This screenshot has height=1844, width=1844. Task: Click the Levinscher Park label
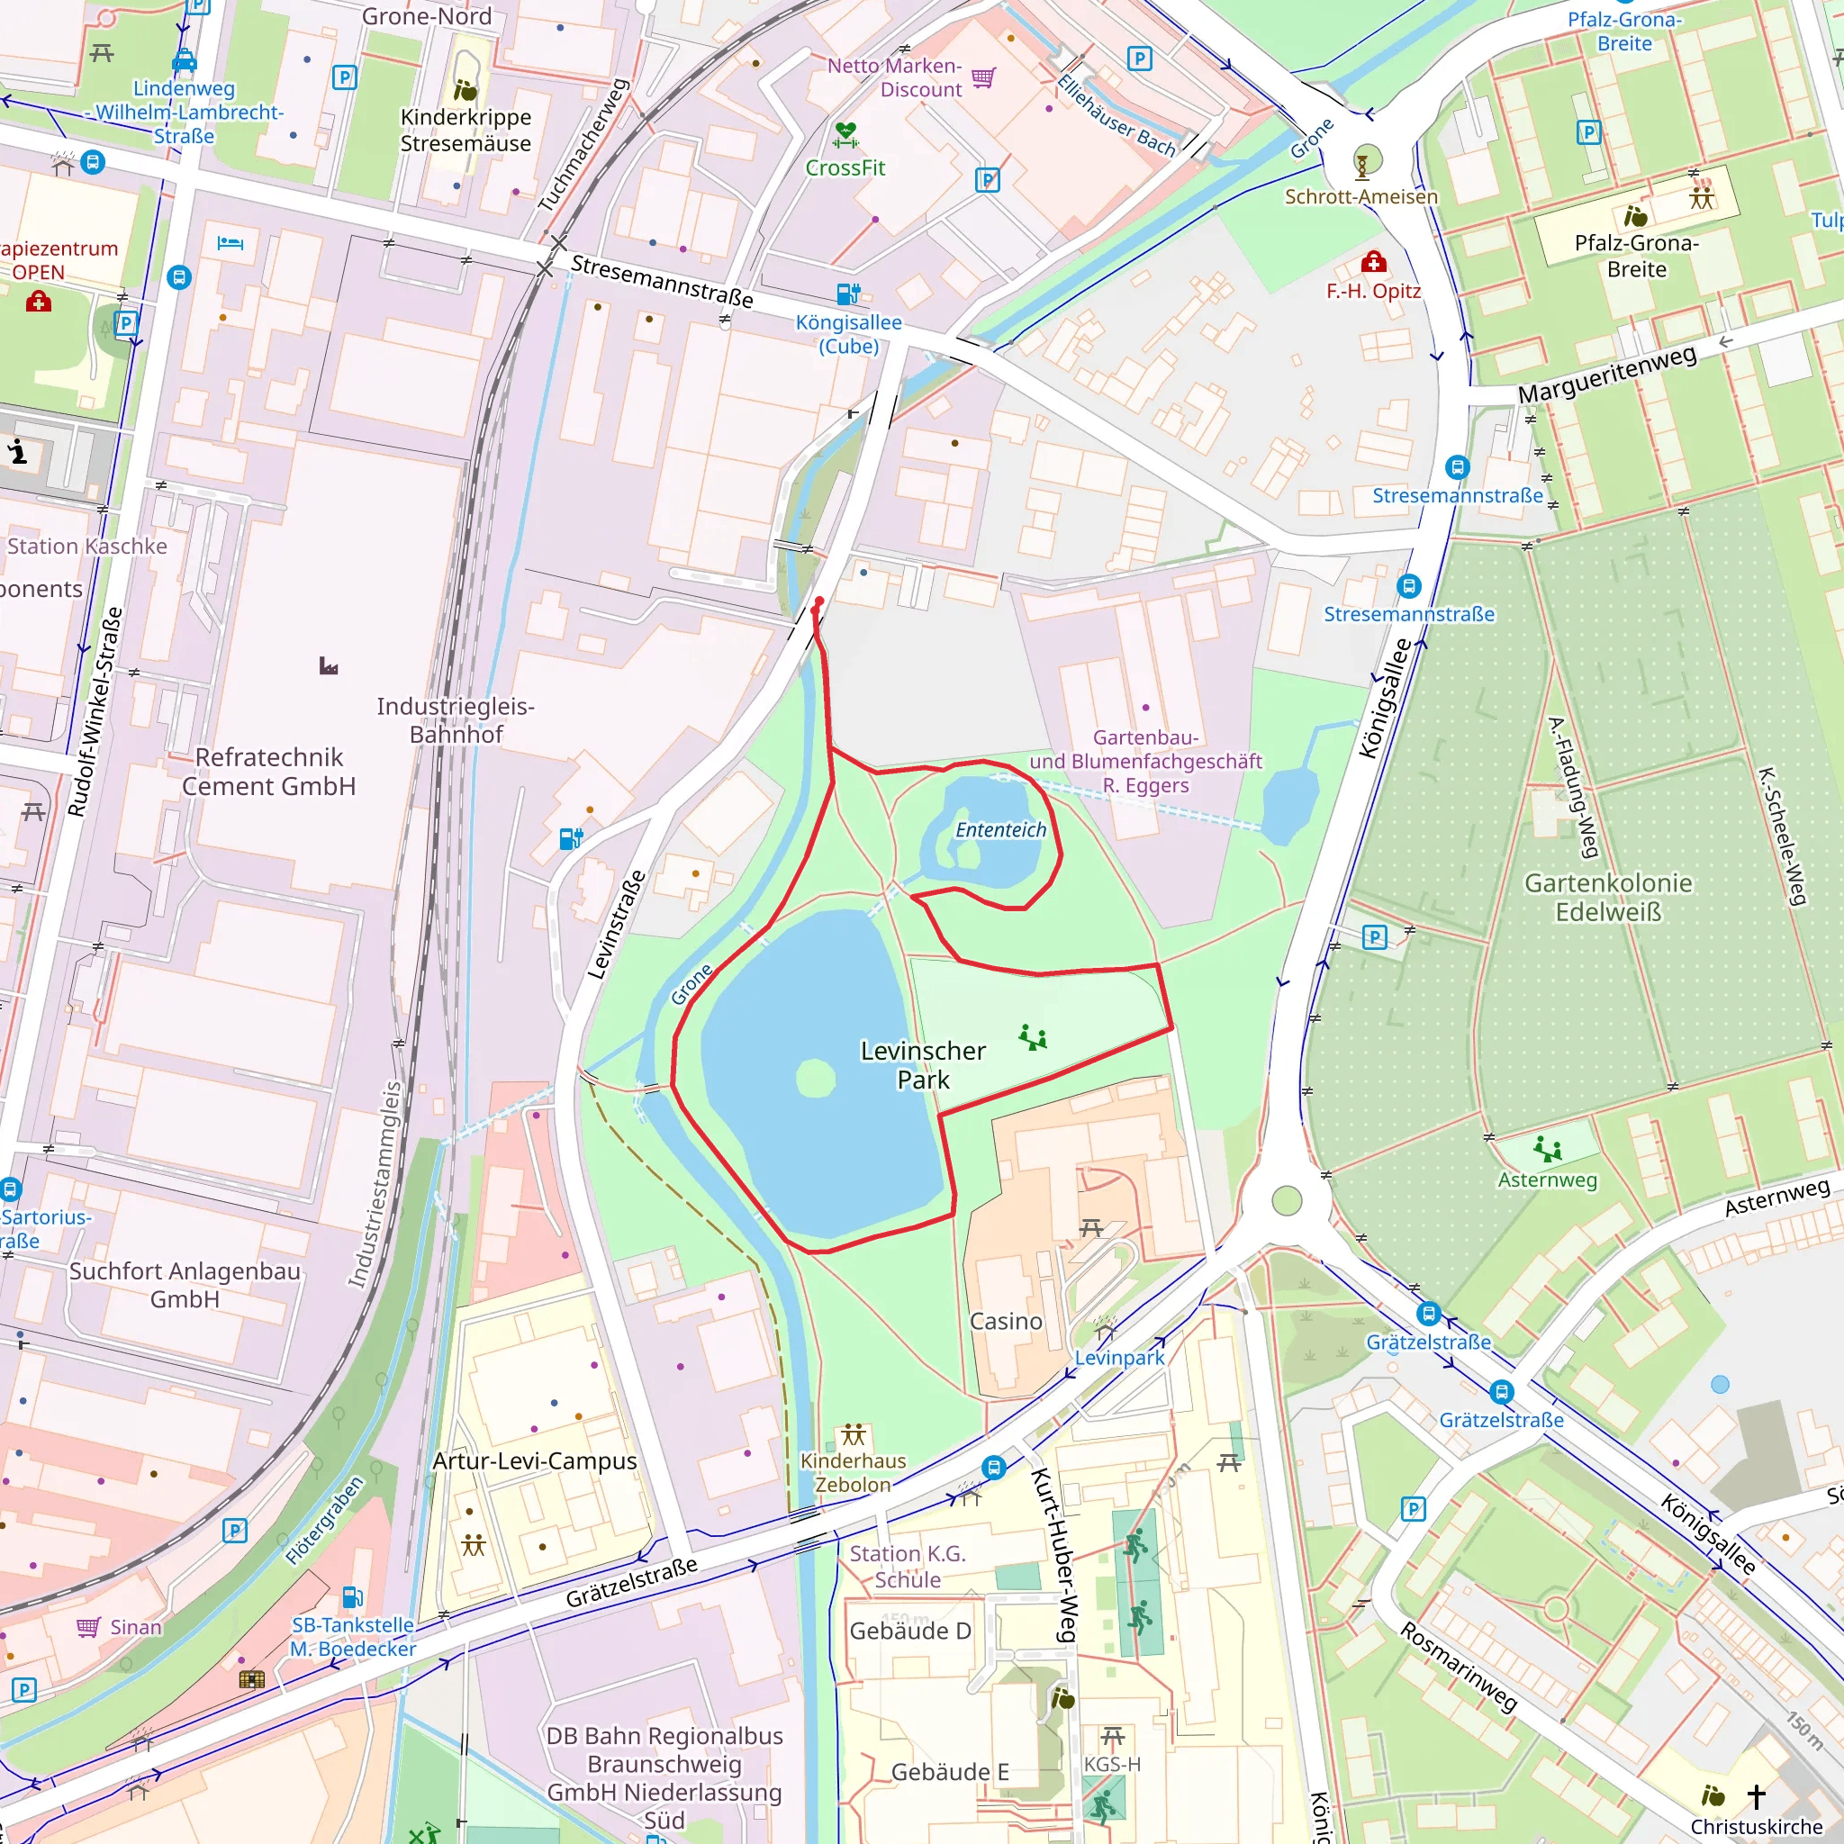[x=922, y=1065]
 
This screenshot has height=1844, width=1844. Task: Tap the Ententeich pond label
[x=1000, y=829]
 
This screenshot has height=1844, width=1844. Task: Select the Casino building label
[x=1006, y=1321]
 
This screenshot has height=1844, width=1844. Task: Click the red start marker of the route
[x=819, y=602]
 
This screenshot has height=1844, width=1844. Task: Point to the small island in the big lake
[x=815, y=1080]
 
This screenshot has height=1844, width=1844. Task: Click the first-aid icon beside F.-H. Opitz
[x=1373, y=261]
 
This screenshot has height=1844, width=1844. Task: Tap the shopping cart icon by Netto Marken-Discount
[x=983, y=77]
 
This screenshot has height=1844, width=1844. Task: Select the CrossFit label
[x=845, y=168]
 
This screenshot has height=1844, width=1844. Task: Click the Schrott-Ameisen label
[x=1360, y=196]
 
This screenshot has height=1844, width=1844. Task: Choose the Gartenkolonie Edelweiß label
[x=1607, y=897]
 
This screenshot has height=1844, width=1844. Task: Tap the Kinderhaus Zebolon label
[x=854, y=1473]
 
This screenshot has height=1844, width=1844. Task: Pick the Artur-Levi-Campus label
[x=534, y=1461]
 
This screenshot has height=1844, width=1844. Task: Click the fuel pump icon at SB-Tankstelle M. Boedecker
[x=351, y=1596]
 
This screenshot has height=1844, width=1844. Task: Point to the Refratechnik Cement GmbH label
[x=269, y=772]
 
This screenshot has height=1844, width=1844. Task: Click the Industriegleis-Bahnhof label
[x=456, y=719]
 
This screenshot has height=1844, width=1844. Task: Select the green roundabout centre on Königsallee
[x=1287, y=1201]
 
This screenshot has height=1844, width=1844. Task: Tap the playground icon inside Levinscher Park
[x=1033, y=1036]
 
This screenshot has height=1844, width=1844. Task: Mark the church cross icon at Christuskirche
[x=1755, y=1796]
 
